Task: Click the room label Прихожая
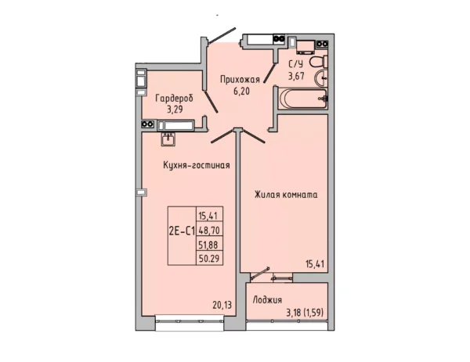point(240,80)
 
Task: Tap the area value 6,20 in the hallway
point(241,91)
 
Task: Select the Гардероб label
point(175,99)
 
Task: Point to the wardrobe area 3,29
point(175,109)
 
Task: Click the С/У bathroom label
point(296,65)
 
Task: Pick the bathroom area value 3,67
point(296,76)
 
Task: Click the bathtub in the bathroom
point(302,99)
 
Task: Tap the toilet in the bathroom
point(318,63)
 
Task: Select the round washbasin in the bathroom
point(320,78)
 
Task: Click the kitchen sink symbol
point(168,139)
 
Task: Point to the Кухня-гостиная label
point(197,165)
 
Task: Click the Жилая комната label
point(286,195)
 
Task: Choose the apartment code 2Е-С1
point(182,231)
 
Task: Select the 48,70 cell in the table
point(209,230)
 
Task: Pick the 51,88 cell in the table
point(209,245)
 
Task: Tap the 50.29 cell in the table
point(209,258)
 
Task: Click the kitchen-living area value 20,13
point(222,305)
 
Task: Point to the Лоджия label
point(267,299)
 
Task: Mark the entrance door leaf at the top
point(222,36)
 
